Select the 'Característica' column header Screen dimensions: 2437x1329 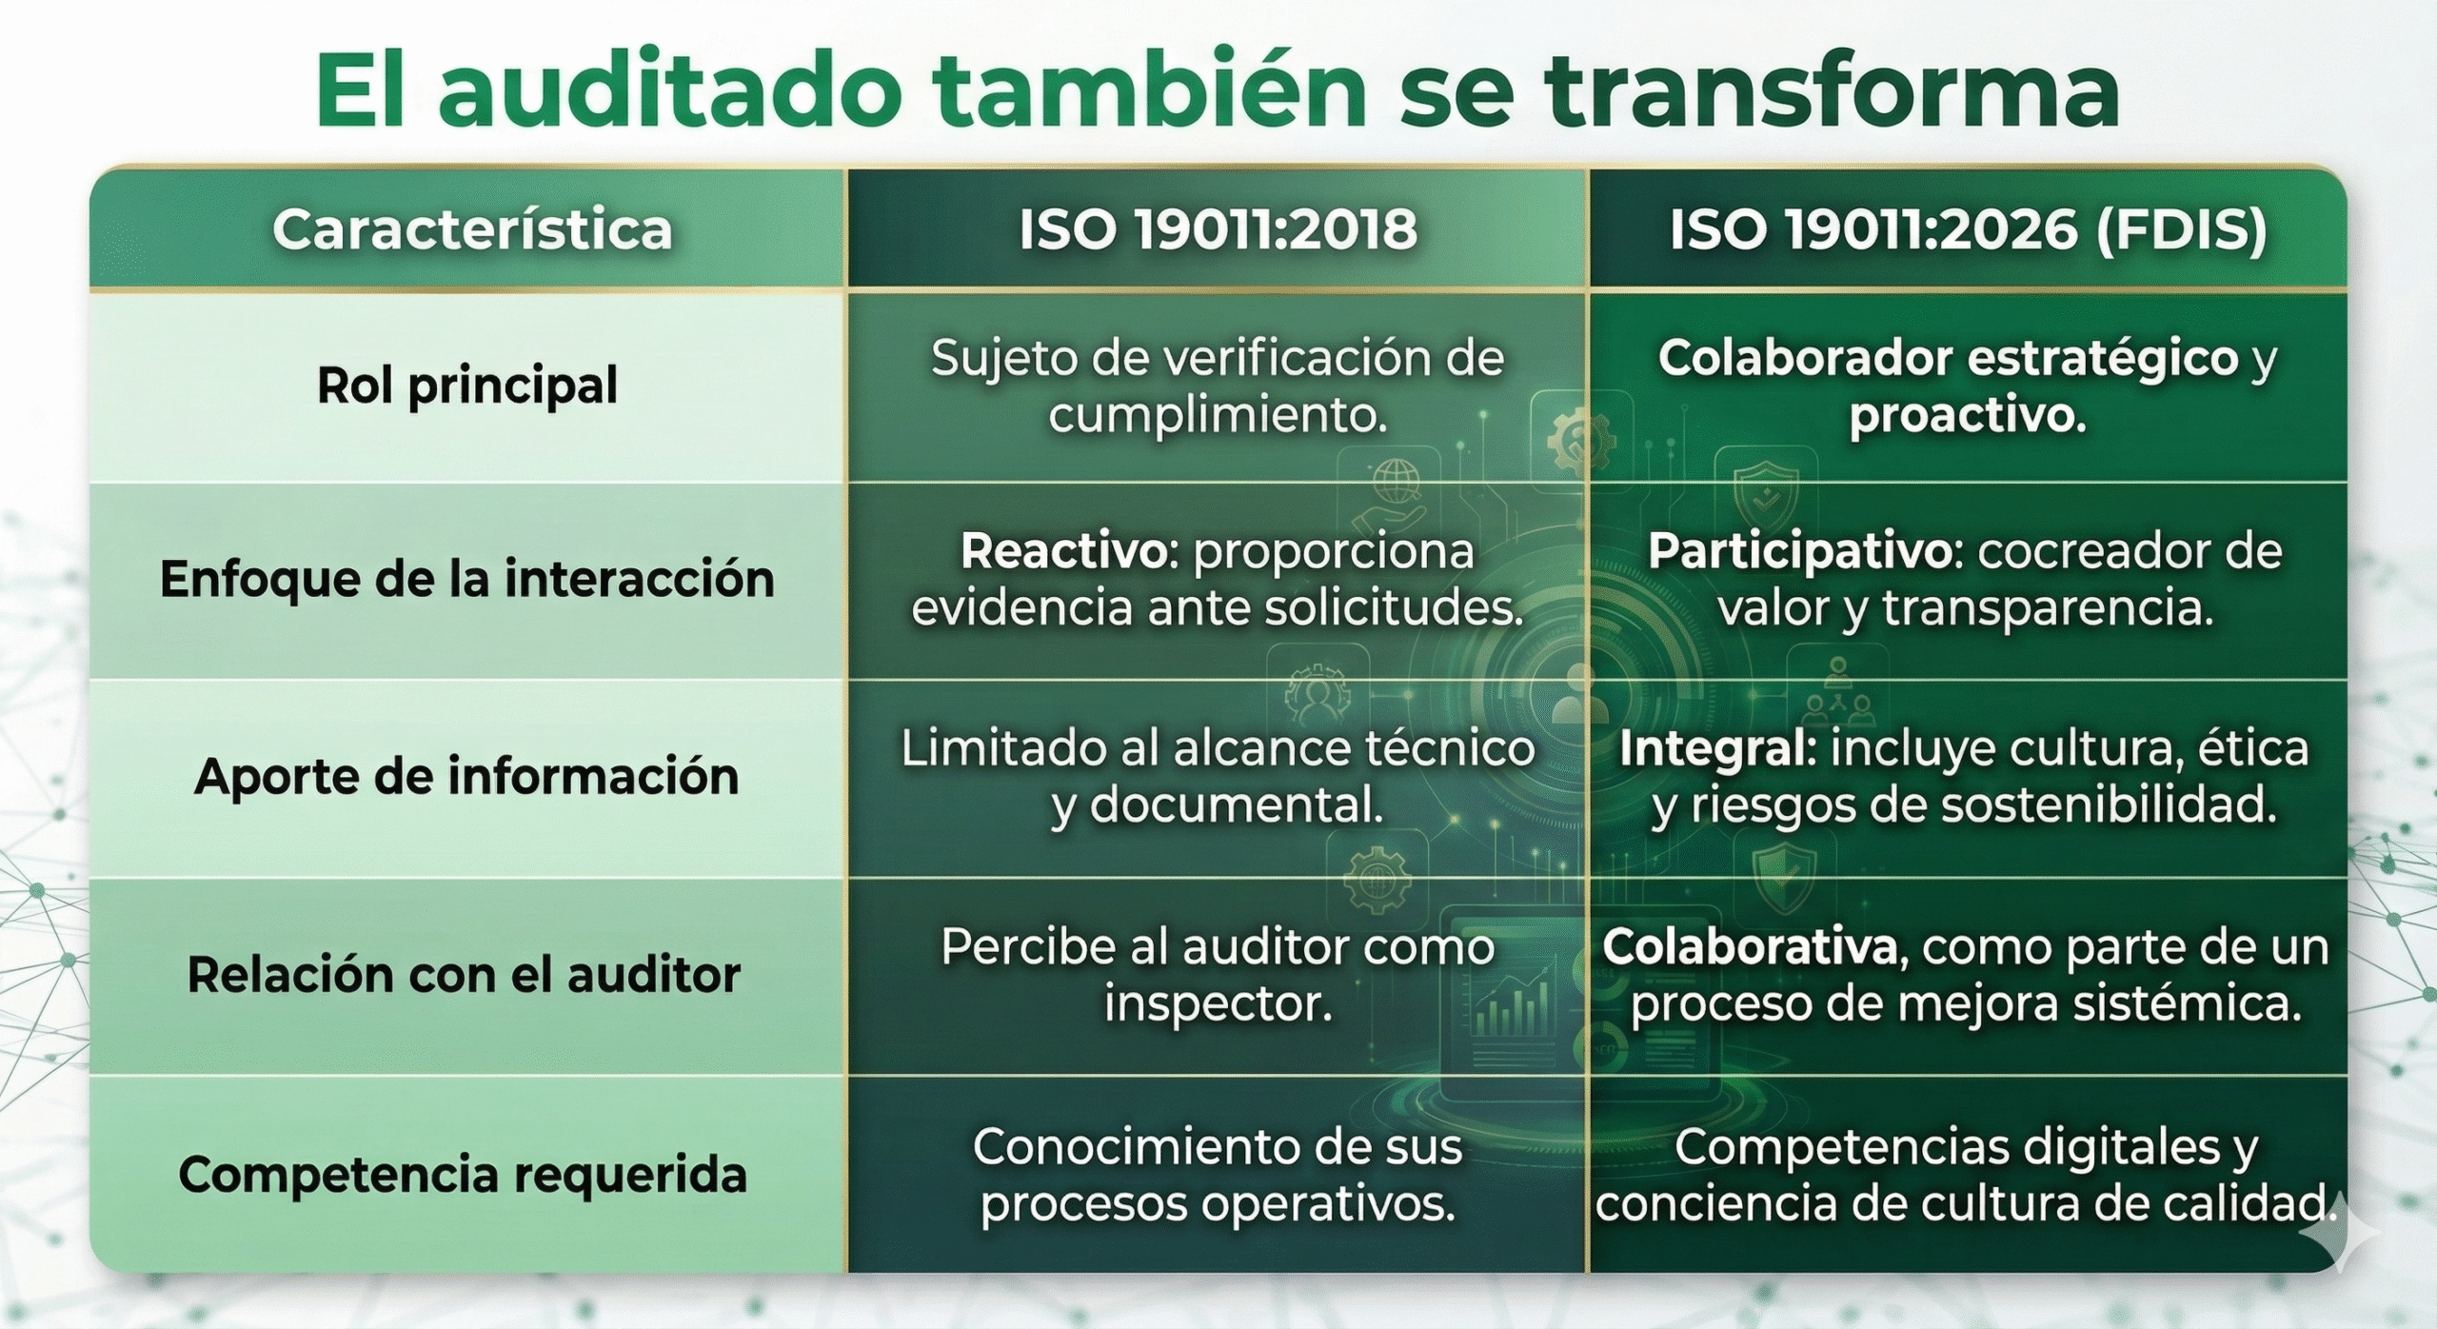[472, 229]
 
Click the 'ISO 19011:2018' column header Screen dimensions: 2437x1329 [1218, 229]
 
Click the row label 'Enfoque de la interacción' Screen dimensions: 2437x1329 [467, 579]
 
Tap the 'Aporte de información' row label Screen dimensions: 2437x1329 [466, 776]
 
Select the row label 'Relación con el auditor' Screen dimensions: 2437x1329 [464, 974]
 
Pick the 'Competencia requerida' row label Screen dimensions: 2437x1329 [463, 1174]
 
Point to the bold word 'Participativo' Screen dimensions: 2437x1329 [1801, 551]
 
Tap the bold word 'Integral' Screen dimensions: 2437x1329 [1712, 749]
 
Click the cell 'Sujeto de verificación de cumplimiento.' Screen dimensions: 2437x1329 [1218, 387]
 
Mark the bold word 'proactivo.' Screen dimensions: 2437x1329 [1967, 415]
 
